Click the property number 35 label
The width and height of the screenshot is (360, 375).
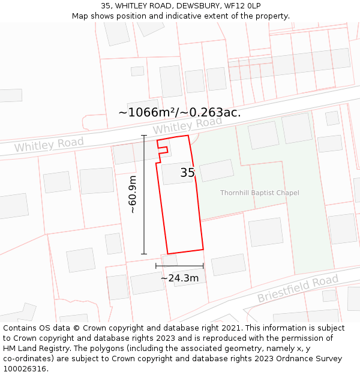(x=188, y=173)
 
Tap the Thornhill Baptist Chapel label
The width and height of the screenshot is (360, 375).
(x=259, y=193)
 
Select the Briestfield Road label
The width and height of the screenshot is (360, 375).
(x=298, y=289)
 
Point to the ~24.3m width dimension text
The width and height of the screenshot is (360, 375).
(x=179, y=278)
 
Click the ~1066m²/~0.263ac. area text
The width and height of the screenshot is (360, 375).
(x=179, y=112)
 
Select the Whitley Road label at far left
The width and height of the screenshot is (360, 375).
(x=49, y=145)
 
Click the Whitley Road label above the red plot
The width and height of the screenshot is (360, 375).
(x=187, y=125)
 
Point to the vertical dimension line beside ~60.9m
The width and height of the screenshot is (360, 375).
(x=144, y=194)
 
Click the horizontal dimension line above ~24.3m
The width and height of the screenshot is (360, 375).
(x=179, y=266)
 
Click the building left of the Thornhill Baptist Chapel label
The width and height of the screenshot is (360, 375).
(x=217, y=170)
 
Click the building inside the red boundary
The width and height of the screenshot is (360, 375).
(x=176, y=173)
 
